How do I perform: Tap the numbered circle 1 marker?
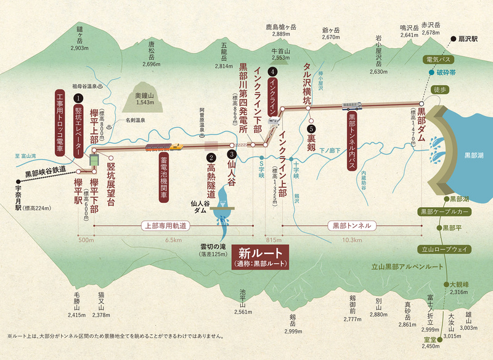click(x=78, y=97)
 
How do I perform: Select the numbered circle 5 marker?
click(x=311, y=129)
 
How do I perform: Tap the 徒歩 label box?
click(x=439, y=89)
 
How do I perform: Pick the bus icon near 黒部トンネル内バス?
click(x=352, y=105)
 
